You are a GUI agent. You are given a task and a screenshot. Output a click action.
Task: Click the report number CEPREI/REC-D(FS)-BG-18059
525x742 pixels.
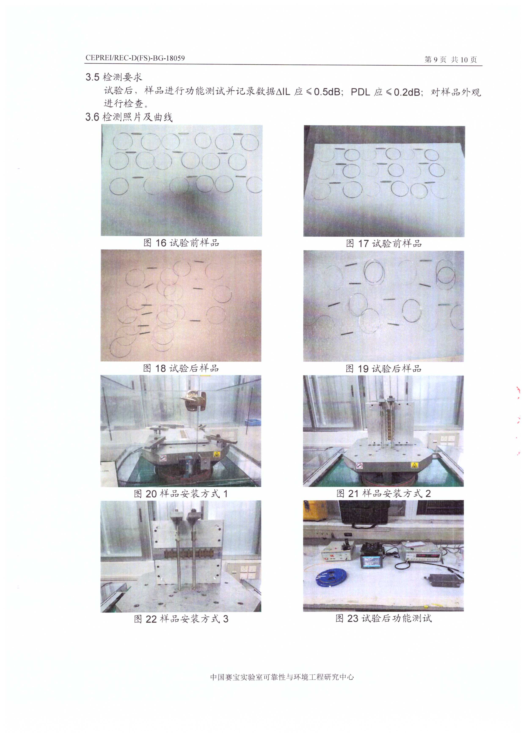tap(135, 58)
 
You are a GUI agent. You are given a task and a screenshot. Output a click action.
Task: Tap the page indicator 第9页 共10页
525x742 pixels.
tap(450, 59)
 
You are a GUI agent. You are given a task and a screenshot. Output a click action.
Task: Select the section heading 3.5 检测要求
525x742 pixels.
tap(114, 77)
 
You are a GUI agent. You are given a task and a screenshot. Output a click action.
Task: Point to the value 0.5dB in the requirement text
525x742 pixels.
tap(327, 92)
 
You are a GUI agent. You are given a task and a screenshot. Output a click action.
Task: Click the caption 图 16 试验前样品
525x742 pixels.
tap(181, 242)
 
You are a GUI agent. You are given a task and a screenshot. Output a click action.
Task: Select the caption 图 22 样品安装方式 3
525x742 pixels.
tap(181, 619)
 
